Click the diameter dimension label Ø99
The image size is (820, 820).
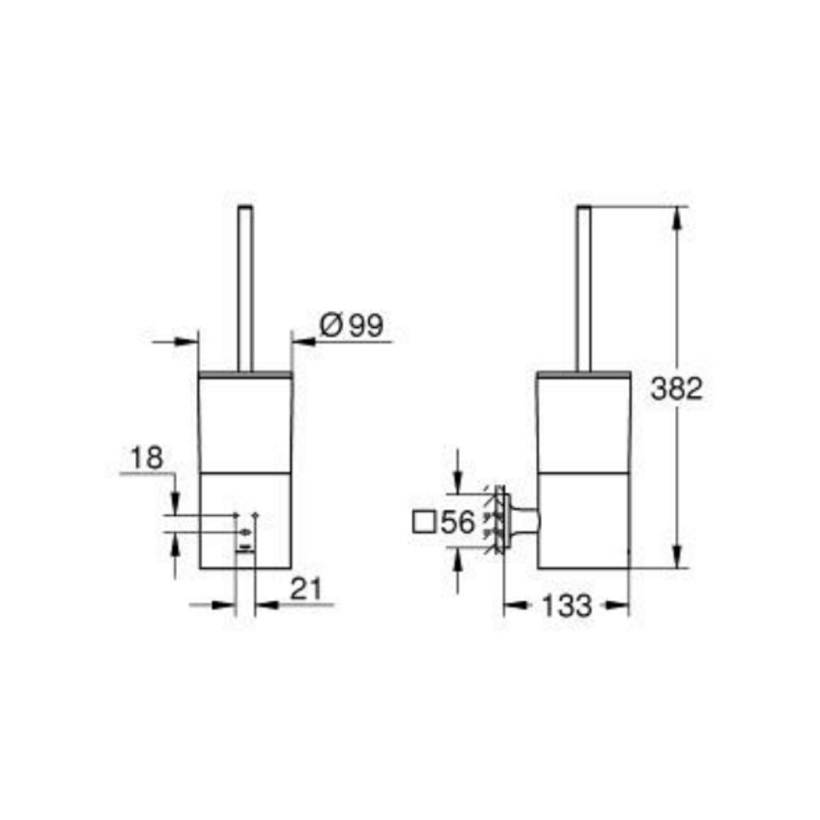coord(351,326)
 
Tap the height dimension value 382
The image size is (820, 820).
coord(676,389)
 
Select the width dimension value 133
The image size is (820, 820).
coord(566,606)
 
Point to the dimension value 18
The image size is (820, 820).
coord(147,458)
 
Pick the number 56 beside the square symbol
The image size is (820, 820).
coord(458,522)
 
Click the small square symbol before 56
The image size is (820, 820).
coord(425,522)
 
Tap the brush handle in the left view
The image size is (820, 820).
coord(245,287)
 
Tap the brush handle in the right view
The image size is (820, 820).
coord(585,287)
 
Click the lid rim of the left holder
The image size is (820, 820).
coord(245,374)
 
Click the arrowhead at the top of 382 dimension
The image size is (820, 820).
coord(677,215)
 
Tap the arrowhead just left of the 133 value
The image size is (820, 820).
coord(512,606)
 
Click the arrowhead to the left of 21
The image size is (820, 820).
coord(226,605)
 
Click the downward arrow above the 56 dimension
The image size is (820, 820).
coord(458,485)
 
